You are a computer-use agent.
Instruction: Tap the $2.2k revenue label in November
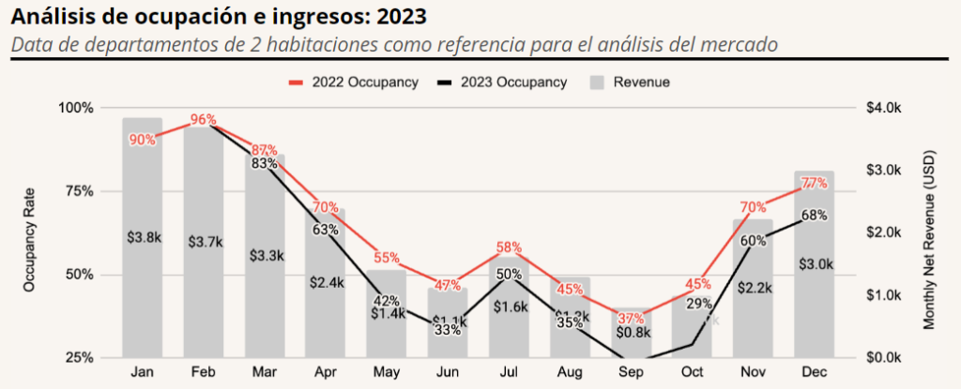(754, 287)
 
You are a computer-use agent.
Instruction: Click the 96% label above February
(204, 119)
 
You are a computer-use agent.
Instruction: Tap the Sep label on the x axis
(632, 372)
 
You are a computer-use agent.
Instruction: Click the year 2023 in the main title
(397, 17)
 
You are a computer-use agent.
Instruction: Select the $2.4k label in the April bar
(327, 281)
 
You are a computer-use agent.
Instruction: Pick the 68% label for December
(815, 215)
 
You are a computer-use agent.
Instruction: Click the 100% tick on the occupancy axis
(76, 108)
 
